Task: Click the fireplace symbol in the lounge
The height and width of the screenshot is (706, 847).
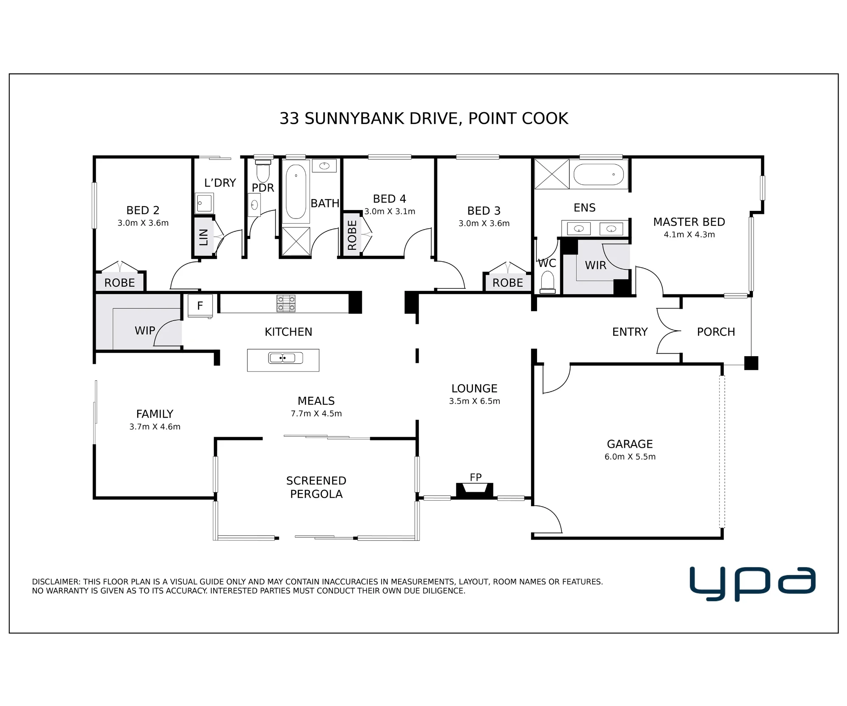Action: (474, 490)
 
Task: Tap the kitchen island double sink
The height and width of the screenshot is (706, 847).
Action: (285, 358)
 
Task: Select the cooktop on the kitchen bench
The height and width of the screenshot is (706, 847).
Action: (286, 303)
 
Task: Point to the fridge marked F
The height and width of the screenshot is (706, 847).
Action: (200, 306)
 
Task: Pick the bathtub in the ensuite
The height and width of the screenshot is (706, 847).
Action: (598, 174)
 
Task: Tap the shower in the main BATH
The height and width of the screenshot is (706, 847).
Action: (296, 241)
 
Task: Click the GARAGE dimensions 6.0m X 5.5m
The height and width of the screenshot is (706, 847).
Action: (630, 457)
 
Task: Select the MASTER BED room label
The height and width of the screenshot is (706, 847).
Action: (689, 221)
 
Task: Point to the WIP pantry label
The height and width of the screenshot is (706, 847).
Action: (145, 330)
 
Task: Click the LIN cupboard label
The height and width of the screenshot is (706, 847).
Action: (204, 237)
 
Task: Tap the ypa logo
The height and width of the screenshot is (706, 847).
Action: (753, 583)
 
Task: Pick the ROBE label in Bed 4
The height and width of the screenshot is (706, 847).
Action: (352, 235)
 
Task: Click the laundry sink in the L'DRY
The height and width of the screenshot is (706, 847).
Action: (204, 203)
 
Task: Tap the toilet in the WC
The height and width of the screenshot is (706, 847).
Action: (548, 282)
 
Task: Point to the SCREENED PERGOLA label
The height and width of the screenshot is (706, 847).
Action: (316, 487)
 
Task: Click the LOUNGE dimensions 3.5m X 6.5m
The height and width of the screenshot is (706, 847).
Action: (474, 401)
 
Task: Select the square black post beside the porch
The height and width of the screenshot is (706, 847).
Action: (751, 363)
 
